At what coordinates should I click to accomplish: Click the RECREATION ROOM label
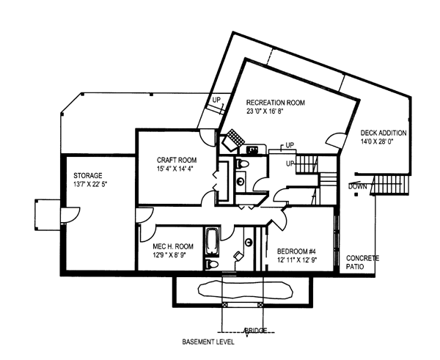[275, 103]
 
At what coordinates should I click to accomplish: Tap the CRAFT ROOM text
[177, 161]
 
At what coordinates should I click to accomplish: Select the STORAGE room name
[88, 176]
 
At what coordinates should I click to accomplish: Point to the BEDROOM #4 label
[296, 251]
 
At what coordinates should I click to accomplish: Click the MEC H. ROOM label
[173, 246]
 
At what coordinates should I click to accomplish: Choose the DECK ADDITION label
[384, 133]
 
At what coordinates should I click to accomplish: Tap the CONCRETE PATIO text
[362, 262]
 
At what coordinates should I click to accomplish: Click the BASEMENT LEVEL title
[208, 342]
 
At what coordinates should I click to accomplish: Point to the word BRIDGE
[256, 331]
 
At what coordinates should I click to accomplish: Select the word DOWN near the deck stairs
[358, 186]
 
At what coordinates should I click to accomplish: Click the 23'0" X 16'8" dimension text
[264, 111]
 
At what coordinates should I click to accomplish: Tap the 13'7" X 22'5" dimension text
[90, 184]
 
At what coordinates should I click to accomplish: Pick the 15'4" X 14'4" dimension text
[175, 169]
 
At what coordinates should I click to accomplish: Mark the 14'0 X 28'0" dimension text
[377, 142]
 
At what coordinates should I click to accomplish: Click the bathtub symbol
[213, 242]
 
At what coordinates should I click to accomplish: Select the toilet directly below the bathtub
[212, 264]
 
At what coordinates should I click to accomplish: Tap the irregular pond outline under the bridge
[246, 290]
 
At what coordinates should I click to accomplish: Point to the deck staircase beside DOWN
[391, 185]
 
